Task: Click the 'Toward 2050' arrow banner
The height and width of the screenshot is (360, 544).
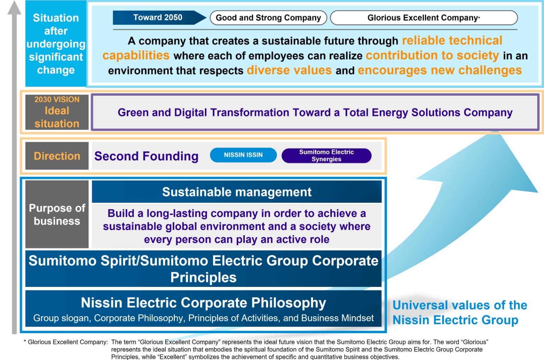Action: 159,17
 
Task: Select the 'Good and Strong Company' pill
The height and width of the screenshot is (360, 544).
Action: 268,18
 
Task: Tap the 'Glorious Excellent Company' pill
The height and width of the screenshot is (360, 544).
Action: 424,18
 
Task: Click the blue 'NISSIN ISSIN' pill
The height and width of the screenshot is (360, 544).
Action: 243,155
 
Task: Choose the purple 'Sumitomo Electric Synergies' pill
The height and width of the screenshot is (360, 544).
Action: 326,156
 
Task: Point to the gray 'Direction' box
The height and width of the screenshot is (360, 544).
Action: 57,156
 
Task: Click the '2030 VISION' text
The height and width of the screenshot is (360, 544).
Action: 57,100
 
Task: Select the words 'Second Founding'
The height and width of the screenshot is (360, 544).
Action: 147,156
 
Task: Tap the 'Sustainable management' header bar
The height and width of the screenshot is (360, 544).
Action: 237,192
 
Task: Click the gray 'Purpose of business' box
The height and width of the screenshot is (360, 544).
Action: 57,214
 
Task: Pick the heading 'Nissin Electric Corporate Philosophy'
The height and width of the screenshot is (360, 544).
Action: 203,303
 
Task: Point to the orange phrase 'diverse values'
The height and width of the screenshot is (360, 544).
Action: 289,70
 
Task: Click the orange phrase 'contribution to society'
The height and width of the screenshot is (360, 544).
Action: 432,55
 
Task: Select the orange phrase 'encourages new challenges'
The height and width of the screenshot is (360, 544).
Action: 440,70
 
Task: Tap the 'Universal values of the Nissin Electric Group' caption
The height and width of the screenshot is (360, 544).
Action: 460,312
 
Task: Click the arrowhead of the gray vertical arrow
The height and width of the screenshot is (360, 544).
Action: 14,8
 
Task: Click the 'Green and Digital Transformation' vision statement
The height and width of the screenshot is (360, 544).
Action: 315,113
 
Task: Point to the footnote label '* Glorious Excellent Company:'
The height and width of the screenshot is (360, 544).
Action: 66,342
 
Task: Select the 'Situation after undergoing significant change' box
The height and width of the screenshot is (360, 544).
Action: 56,44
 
